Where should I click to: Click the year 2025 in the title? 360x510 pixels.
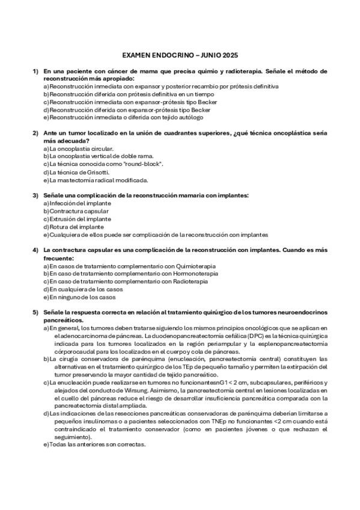pos(230,55)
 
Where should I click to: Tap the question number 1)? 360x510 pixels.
pos(35,72)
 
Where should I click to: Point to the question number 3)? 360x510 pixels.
pos(35,195)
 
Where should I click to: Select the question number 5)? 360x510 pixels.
pos(35,313)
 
